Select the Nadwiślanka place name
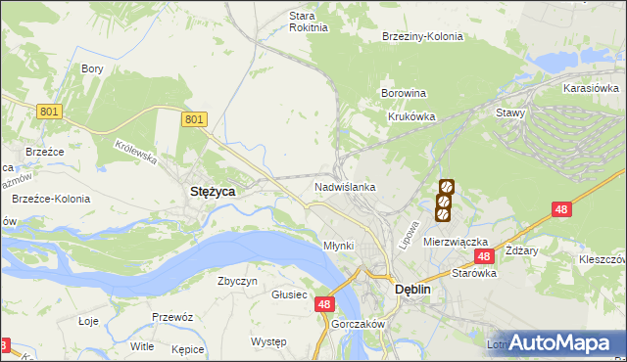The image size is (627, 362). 345,186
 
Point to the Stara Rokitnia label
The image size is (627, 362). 301,22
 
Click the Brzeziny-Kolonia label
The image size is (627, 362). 422,36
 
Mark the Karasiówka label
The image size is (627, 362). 590,88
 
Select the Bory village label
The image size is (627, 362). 93,68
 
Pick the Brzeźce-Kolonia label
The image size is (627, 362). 50,199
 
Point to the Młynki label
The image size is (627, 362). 339,245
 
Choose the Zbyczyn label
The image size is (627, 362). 237,281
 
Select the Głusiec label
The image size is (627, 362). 290,294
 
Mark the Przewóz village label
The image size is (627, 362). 171,317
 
